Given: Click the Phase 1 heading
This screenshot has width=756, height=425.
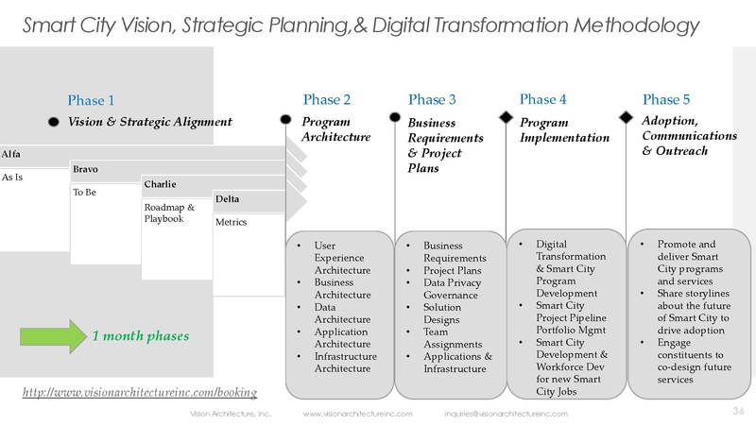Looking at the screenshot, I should tap(92, 100).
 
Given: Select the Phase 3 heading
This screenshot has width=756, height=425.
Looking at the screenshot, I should tap(433, 99).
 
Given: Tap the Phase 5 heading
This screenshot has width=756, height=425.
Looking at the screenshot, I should tap(666, 99).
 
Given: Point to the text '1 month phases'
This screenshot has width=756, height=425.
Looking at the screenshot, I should tap(140, 336).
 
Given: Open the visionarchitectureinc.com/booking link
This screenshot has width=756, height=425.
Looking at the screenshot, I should tap(140, 391).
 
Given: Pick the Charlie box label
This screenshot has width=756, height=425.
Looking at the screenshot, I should tap(160, 183).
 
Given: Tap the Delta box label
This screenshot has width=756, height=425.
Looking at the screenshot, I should tap(227, 199).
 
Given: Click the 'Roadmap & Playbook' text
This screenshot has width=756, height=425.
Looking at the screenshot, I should tap(169, 212).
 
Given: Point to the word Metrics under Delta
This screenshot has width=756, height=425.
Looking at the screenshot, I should tap(232, 222).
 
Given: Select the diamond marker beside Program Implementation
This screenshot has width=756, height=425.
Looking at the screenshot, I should tap(507, 118).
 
